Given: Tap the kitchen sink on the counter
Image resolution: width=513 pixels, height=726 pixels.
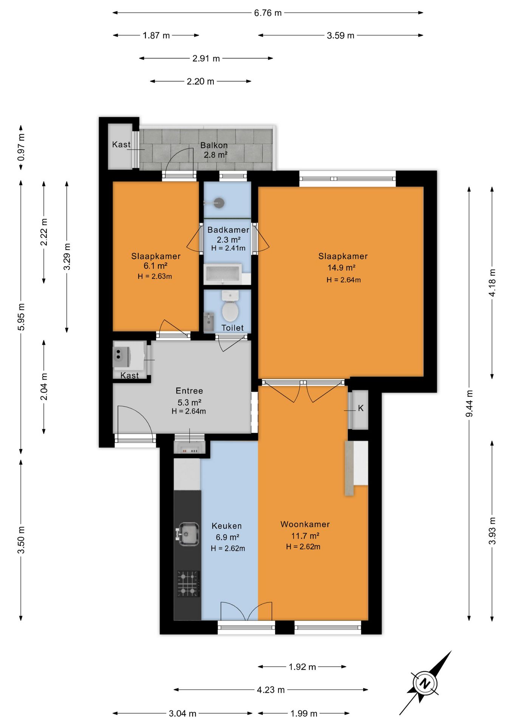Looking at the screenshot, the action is (x=187, y=534).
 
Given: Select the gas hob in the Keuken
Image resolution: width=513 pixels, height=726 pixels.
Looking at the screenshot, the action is (x=188, y=584).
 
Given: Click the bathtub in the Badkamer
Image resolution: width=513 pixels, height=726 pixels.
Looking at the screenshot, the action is (x=223, y=274).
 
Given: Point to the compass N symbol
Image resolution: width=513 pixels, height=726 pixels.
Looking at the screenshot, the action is (x=425, y=683).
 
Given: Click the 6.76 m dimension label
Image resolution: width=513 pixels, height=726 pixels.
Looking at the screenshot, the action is (x=268, y=13).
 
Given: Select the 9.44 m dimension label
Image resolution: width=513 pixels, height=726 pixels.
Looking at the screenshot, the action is (x=469, y=404).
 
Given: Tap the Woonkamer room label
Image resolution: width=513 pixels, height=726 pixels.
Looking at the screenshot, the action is (x=305, y=524).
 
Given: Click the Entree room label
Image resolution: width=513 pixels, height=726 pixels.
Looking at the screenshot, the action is (x=189, y=391).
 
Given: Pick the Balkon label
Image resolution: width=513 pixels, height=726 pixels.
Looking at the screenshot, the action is (x=214, y=145).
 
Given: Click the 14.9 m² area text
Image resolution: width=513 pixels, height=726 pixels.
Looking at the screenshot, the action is (x=341, y=268).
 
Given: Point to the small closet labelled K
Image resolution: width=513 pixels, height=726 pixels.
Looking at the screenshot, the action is (x=360, y=410).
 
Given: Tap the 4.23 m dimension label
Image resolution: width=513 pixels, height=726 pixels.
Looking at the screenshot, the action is (x=271, y=690).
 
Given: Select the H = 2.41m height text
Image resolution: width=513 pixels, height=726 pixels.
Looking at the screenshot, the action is (x=229, y=248).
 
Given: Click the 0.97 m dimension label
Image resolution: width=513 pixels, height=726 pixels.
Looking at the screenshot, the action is (x=21, y=147).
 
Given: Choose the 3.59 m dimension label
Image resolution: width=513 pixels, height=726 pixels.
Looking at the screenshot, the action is (x=341, y=36).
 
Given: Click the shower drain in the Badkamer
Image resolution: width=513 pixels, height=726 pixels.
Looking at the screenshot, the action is (x=219, y=203).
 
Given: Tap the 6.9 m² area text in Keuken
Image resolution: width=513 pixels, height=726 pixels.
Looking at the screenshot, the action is (x=227, y=537).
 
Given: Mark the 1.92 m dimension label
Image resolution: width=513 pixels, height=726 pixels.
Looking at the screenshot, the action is (x=302, y=667).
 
